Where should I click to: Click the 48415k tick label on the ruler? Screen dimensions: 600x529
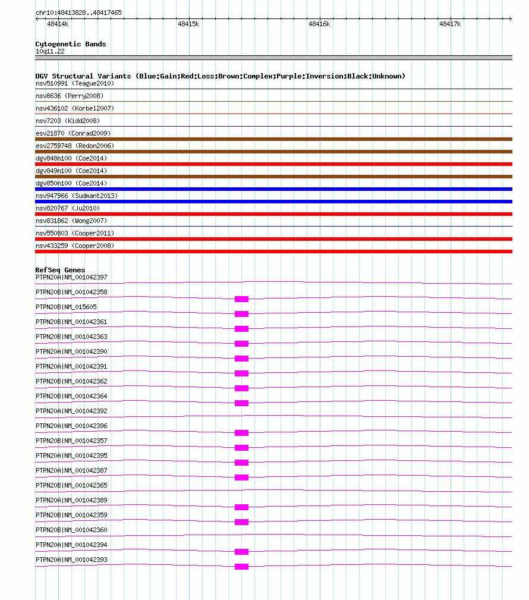(x=188, y=24)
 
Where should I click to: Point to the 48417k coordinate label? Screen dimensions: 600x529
(x=450, y=24)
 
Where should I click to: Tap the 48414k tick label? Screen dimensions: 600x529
(x=58, y=24)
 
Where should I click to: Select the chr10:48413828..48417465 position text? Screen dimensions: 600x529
(x=78, y=12)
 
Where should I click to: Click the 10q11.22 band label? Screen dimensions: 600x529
(x=50, y=52)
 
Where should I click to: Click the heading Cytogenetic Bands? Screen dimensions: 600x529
(x=70, y=44)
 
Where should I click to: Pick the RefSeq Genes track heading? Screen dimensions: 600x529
(x=60, y=270)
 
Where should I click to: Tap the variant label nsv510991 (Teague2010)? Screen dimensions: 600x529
(x=75, y=84)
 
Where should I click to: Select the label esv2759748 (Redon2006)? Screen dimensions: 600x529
(x=75, y=146)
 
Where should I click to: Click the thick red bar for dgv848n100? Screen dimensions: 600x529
(x=273, y=164)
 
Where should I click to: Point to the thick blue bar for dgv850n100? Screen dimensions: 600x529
(x=273, y=189)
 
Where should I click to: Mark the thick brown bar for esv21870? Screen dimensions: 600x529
(x=273, y=139)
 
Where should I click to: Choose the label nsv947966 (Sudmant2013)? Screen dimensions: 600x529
(x=77, y=196)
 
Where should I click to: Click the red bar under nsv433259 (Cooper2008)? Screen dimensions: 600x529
(x=273, y=252)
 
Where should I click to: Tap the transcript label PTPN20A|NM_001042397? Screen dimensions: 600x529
(x=71, y=278)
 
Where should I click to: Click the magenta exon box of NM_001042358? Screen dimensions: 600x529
(x=241, y=299)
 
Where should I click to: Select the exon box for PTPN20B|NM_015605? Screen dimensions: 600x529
(x=241, y=314)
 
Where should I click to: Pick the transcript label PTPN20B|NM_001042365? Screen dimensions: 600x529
(x=71, y=486)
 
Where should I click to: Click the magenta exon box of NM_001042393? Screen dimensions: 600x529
(x=241, y=567)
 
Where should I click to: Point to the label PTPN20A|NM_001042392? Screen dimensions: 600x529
(x=71, y=411)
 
